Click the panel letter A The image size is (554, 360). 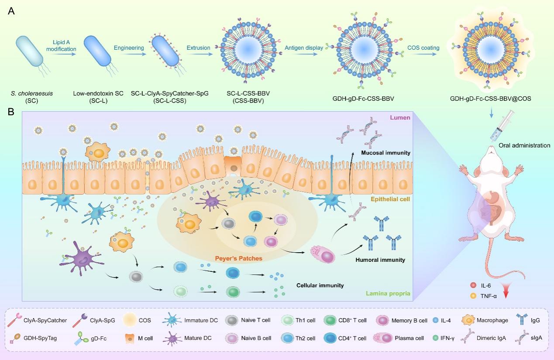[x=12, y=11]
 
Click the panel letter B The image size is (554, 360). [x=12, y=112]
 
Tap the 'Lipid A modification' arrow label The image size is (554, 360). [x=62, y=45]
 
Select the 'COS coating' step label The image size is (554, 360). [x=423, y=47]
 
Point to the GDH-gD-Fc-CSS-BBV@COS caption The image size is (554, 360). [x=491, y=99]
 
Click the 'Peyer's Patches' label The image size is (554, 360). [x=239, y=258]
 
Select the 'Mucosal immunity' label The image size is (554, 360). [x=385, y=153]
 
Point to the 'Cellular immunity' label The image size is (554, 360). [x=320, y=285]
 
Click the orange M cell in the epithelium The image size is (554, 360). [x=234, y=165]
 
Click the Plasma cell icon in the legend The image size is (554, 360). [x=383, y=338]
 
